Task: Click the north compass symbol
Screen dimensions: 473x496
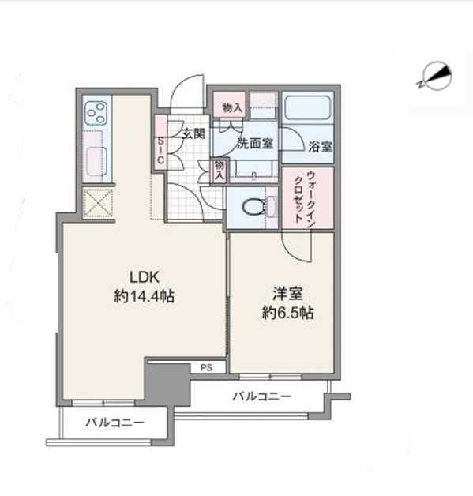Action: pyautogui.click(x=435, y=77)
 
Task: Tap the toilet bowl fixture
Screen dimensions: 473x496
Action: pyautogui.click(x=254, y=207)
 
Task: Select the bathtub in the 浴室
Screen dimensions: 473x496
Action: pyautogui.click(x=308, y=107)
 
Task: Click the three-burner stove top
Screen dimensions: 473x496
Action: pyautogui.click(x=97, y=113)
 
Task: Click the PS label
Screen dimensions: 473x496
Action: pyautogui.click(x=206, y=367)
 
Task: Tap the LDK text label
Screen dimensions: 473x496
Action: pyautogui.click(x=145, y=277)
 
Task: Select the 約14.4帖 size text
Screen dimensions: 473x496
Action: pyautogui.click(x=144, y=297)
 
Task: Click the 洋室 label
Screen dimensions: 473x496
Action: pyautogui.click(x=287, y=294)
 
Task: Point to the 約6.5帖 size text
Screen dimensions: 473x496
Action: pyautogui.click(x=287, y=313)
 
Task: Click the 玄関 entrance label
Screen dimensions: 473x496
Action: pyautogui.click(x=193, y=133)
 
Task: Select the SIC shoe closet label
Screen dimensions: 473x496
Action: pyautogui.click(x=160, y=151)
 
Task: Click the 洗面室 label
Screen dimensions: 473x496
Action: pyautogui.click(x=255, y=144)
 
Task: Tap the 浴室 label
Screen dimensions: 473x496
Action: pyautogui.click(x=320, y=146)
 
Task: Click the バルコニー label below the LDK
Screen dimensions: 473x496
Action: pyautogui.click(x=114, y=423)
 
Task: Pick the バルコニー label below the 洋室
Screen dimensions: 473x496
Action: pyautogui.click(x=261, y=396)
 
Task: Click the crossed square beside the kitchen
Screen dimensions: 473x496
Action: pyautogui.click(x=98, y=202)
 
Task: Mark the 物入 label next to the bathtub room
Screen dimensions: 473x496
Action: pyautogui.click(x=232, y=108)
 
